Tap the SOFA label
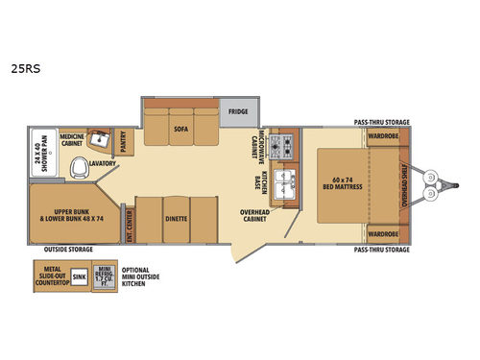tap(180, 126)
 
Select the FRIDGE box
tap(238, 111)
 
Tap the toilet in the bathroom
tap(79, 170)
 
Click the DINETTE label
tap(175, 218)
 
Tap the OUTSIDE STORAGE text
tap(69, 250)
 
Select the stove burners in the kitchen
tap(283, 146)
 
